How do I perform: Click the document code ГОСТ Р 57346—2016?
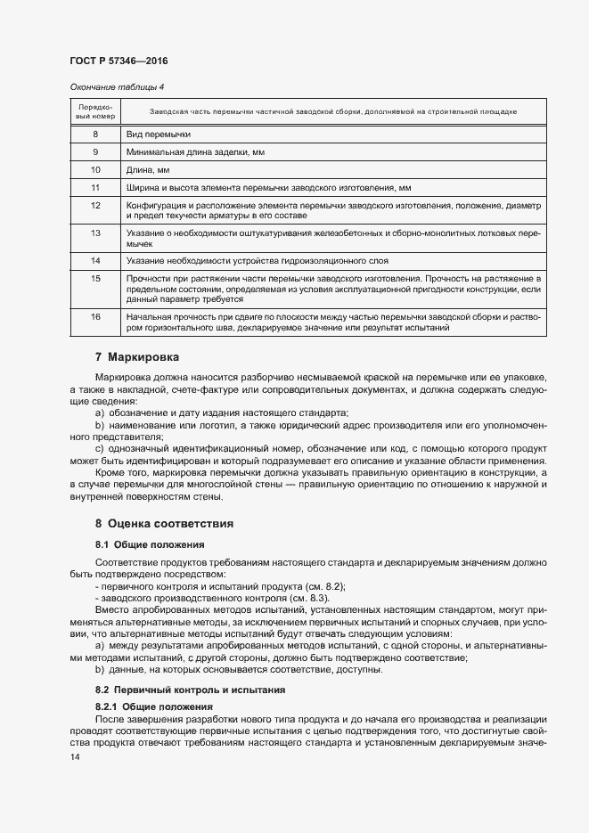[118, 61]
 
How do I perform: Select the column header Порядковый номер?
[94, 111]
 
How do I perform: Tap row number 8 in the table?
[94, 134]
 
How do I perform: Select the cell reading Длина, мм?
[146, 170]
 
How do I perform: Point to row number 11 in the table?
[94, 188]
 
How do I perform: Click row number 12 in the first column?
[94, 205]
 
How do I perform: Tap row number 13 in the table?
[94, 233]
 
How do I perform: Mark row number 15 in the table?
[94, 279]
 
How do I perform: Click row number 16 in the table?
[94, 316]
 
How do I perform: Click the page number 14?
[74, 757]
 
